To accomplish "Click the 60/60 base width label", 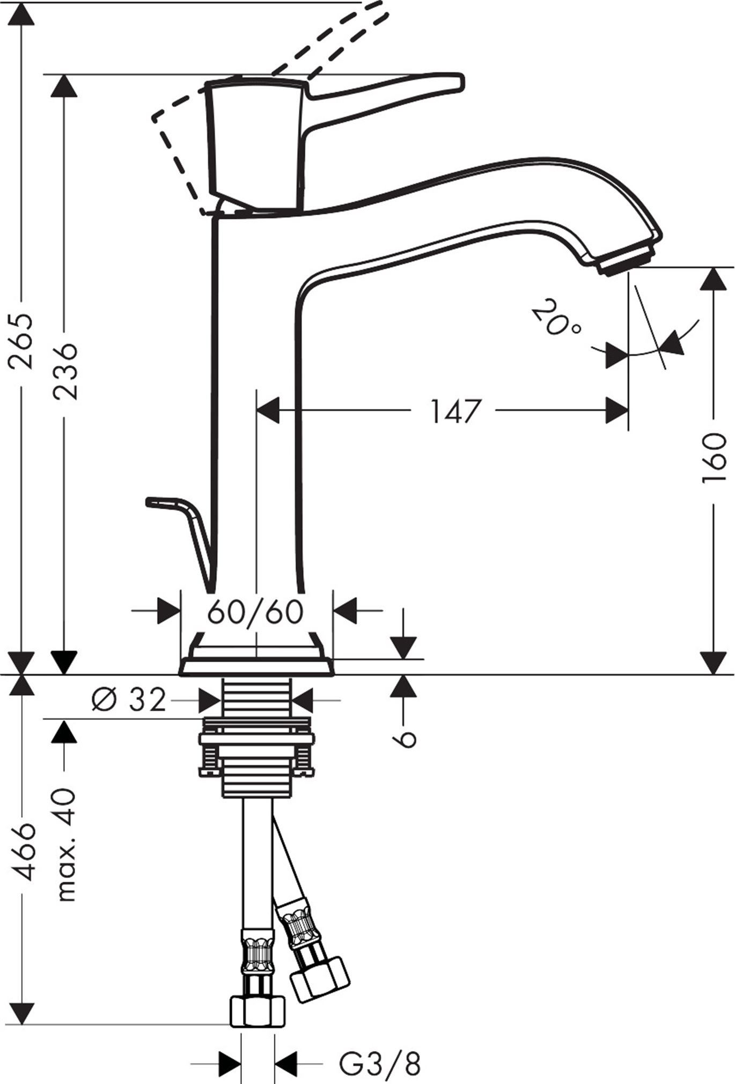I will (256, 611).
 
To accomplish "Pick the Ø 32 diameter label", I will (129, 699).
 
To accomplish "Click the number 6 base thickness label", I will (406, 739).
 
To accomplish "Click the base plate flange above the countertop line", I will (256, 665).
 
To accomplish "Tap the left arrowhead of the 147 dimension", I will (268, 411).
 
